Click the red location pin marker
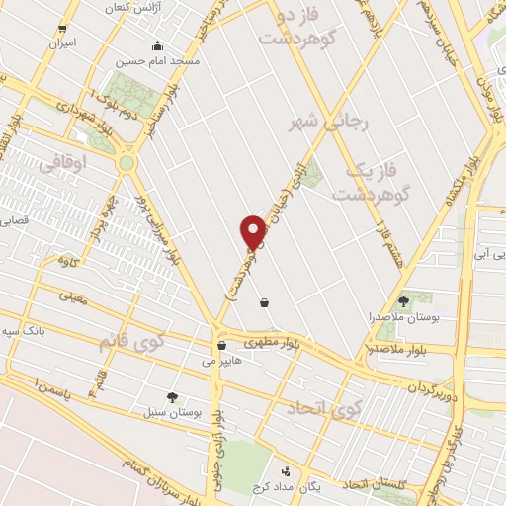click(x=254, y=231)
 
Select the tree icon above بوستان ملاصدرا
click(x=403, y=301)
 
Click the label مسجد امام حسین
click(x=158, y=61)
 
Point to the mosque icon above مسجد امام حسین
click(x=158, y=45)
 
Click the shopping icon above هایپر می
click(x=221, y=346)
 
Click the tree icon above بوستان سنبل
click(x=174, y=396)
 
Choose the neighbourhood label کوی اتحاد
click(x=320, y=407)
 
